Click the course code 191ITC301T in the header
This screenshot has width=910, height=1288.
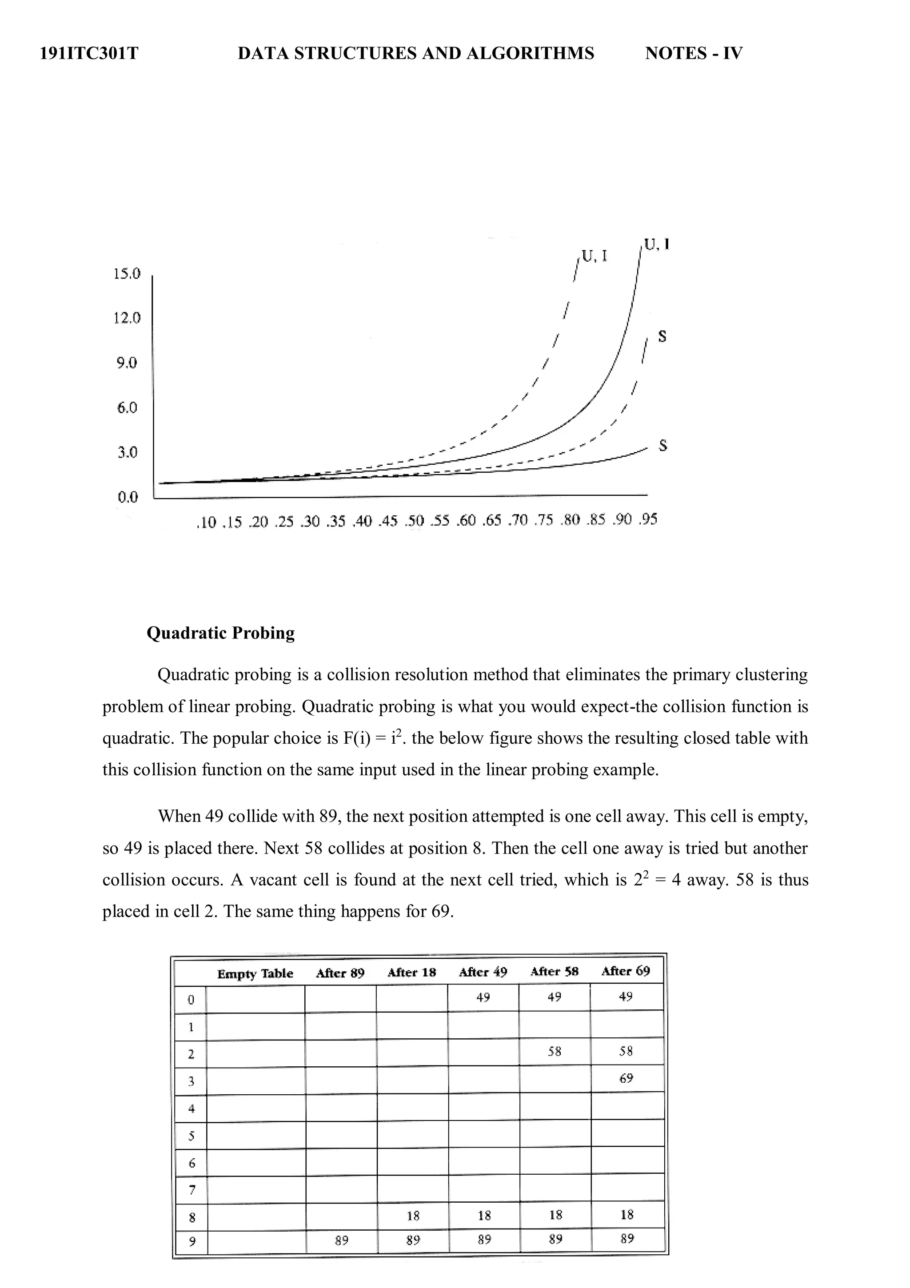pyautogui.click(x=89, y=53)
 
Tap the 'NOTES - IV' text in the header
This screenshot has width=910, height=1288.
pyautogui.click(x=694, y=53)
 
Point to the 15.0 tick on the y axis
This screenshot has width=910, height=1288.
pyautogui.click(x=127, y=274)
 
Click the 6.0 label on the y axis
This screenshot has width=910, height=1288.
pyautogui.click(x=127, y=407)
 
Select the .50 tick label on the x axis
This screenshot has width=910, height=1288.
pyautogui.click(x=415, y=521)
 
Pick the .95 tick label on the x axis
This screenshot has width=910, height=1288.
pyautogui.click(x=647, y=519)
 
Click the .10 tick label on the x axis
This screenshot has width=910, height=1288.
pyautogui.click(x=206, y=523)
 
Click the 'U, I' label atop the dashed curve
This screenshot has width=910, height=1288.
pyautogui.click(x=594, y=256)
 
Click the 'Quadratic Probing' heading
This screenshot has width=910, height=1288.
pyautogui.click(x=220, y=633)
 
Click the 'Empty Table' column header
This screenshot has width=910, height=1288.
pyautogui.click(x=255, y=974)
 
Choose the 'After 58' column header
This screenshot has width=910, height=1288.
pyautogui.click(x=554, y=972)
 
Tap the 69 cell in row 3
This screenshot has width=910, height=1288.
pyautogui.click(x=626, y=1078)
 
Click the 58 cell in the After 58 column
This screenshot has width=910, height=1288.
pyautogui.click(x=554, y=1051)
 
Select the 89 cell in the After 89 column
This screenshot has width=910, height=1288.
pyautogui.click(x=341, y=1241)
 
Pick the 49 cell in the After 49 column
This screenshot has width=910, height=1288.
pyautogui.click(x=483, y=997)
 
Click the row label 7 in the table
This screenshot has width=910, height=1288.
pyautogui.click(x=192, y=1190)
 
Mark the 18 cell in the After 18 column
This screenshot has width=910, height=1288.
pyautogui.click(x=413, y=1216)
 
